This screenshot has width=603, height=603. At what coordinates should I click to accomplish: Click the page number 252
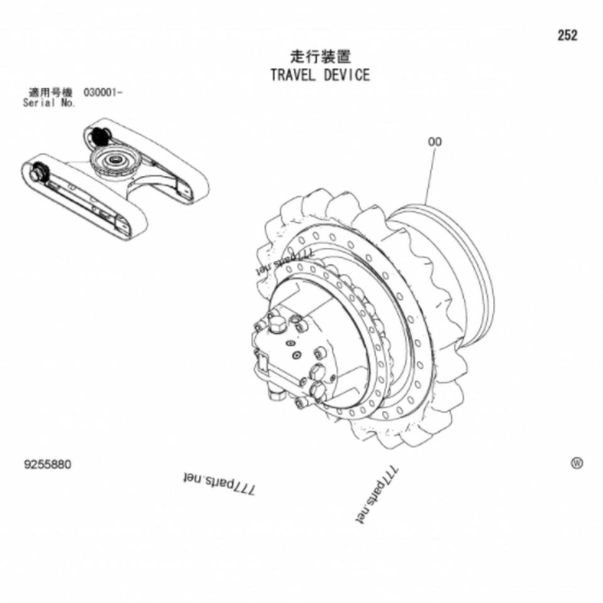coord(567,36)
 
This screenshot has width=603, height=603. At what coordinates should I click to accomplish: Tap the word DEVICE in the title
coord(347,75)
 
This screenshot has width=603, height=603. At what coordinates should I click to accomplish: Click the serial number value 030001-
coord(103,93)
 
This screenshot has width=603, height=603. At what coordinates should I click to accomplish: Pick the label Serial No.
coord(49,103)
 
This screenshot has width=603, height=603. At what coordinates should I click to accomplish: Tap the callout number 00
coord(435,142)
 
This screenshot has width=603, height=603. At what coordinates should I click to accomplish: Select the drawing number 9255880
coord(48,465)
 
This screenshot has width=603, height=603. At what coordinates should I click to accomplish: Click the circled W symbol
coord(576,464)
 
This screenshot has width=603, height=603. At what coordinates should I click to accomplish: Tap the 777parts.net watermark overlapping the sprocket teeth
coord(284,262)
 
